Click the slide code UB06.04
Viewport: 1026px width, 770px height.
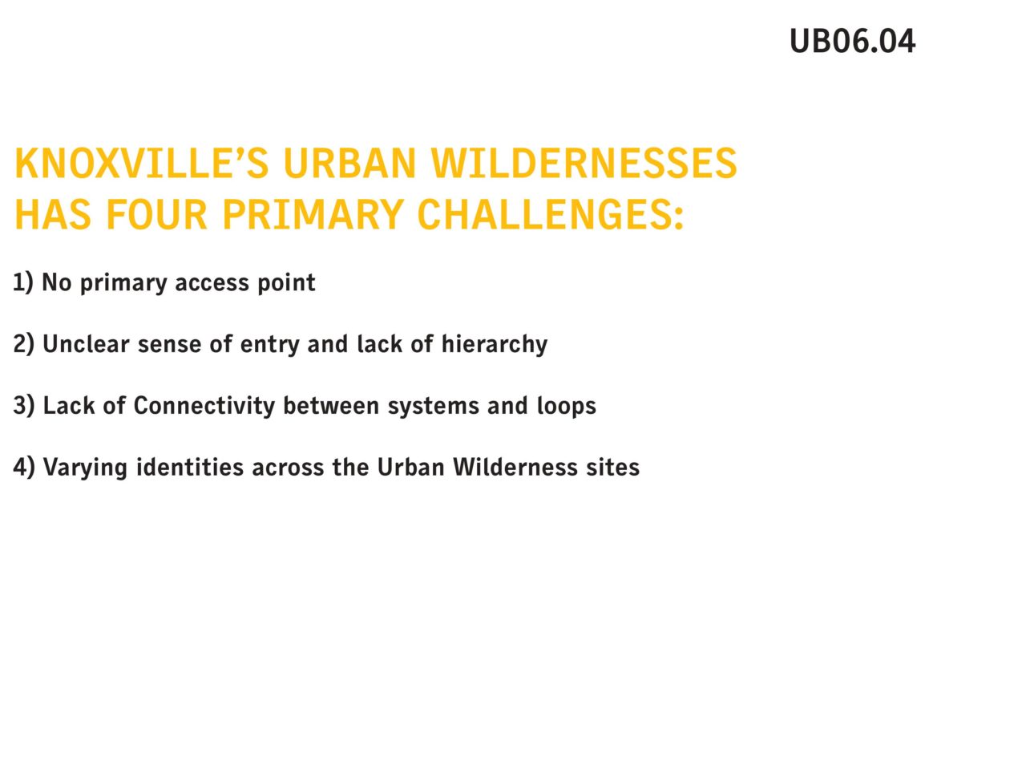pyautogui.click(x=851, y=41)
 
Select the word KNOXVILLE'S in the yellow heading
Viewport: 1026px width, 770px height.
pyautogui.click(x=142, y=163)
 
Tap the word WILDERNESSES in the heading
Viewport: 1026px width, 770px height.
pyautogui.click(x=584, y=163)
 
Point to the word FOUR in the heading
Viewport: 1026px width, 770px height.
pyautogui.click(x=156, y=214)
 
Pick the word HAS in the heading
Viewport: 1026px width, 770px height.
pyautogui.click(x=53, y=214)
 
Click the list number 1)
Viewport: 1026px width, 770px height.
pyautogui.click(x=23, y=283)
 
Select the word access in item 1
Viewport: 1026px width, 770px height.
pyautogui.click(x=212, y=283)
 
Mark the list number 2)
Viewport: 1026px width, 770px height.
pyautogui.click(x=24, y=344)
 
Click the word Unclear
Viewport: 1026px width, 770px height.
pyautogui.click(x=86, y=343)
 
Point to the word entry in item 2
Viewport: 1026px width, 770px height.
pyautogui.click(x=269, y=346)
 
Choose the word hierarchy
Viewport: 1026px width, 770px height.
pyautogui.click(x=494, y=345)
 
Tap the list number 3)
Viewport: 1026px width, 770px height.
pyautogui.click(x=24, y=405)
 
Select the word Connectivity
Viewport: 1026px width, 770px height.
pyautogui.click(x=204, y=406)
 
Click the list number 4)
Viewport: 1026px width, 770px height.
pyautogui.click(x=24, y=467)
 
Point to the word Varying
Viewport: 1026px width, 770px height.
pyautogui.click(x=85, y=468)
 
